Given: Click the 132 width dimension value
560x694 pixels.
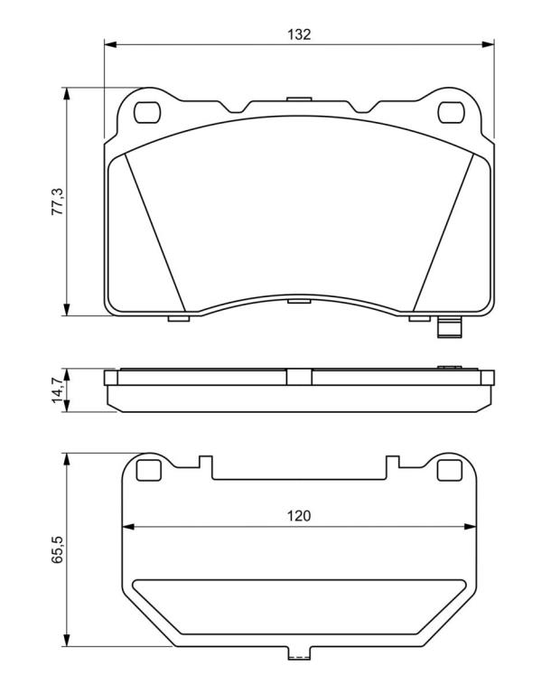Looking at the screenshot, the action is coord(299,34).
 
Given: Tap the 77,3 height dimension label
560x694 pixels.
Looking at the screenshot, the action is coord(58,202).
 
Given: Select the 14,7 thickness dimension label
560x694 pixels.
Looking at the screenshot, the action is coord(58,390).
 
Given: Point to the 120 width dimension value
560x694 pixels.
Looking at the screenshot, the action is coord(299,516).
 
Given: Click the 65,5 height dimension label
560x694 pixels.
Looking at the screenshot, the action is coord(58,549).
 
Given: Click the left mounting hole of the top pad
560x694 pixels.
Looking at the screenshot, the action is coord(146,112).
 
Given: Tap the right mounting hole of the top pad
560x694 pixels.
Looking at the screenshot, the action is coord(452,112).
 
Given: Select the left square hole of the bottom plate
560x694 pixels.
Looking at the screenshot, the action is coord(149,470).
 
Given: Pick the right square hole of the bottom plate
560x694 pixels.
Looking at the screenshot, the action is coord(450,470).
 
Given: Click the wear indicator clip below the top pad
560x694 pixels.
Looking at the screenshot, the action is coord(450,328).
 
